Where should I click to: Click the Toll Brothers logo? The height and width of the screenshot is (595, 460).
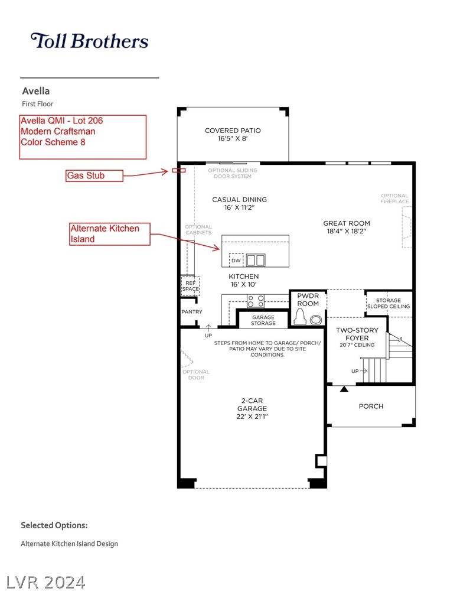coord(90,41)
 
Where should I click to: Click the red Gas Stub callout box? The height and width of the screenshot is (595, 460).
coord(94,175)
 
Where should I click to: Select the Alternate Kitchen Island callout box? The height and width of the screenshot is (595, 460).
coord(110,234)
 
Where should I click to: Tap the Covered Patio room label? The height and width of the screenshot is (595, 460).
coord(233,131)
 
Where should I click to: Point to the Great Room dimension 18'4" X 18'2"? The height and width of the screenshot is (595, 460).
coord(347,231)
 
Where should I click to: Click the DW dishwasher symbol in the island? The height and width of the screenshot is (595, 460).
coord(236,261)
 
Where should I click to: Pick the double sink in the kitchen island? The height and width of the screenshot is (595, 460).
coord(256,261)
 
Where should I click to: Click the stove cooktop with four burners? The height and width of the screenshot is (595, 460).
coord(256,301)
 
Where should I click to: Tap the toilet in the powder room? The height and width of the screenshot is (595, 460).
coord(301,316)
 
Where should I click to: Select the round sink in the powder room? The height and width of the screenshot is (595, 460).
coord(316,320)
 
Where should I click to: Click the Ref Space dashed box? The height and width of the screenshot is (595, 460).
coord(190,286)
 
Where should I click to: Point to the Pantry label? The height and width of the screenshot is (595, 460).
coord(192,312)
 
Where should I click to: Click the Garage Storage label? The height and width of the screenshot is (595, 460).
coord(263,320)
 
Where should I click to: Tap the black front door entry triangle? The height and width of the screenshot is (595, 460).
coord(344,389)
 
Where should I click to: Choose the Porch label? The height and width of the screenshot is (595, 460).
coord(371,407)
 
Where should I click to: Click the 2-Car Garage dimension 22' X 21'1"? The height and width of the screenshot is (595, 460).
coord(252,417)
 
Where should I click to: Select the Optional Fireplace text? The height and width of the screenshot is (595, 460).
coord(395,199)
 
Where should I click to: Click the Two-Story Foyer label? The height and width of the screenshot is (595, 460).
coord(357,334)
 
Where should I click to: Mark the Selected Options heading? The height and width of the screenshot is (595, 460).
coord(54,525)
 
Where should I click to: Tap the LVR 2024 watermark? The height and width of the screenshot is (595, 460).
coord(46,583)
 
